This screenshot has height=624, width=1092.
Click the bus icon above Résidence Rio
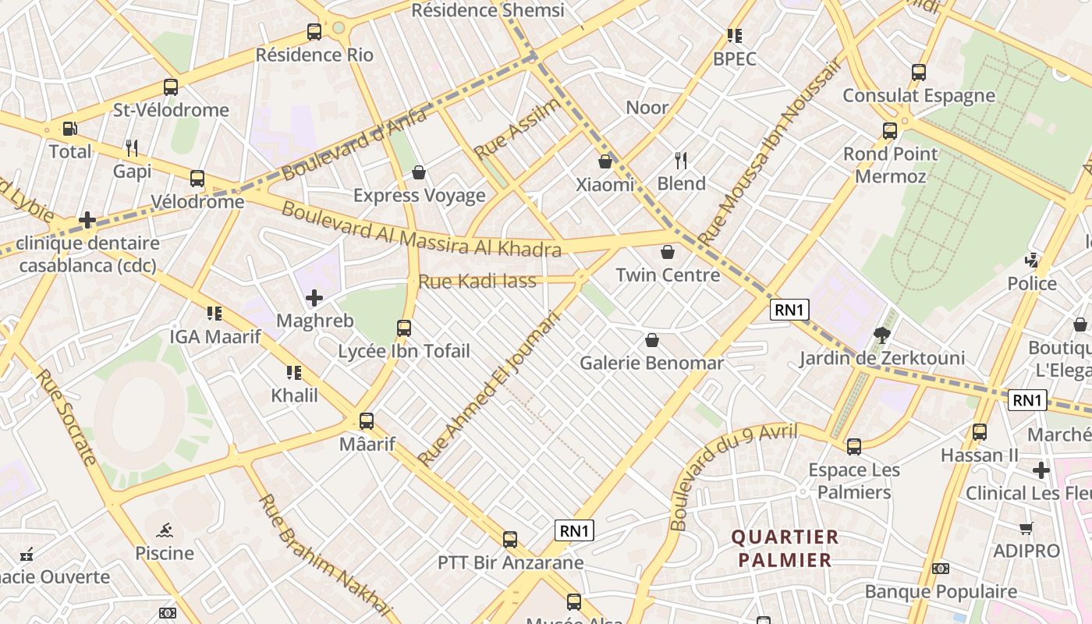[314, 32]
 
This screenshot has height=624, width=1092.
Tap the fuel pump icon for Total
[70, 129]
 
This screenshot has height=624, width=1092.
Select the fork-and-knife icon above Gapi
[132, 147]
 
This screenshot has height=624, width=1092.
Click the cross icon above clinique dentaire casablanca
[87, 220]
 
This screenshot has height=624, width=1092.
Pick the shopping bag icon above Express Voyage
[419, 172]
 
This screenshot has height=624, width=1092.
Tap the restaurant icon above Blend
[681, 161]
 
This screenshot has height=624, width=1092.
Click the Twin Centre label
[668, 275]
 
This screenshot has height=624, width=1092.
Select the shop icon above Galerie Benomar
[651, 340]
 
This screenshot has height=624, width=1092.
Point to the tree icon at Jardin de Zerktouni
[882, 335]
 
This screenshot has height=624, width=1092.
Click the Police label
[1032, 283]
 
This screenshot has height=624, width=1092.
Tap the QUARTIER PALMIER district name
[785, 548]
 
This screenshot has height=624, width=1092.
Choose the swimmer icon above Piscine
[164, 530]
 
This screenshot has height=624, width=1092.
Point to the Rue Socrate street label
[66, 417]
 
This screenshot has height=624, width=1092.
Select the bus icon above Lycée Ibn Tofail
[403, 328]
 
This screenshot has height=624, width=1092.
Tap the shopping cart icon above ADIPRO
[1026, 528]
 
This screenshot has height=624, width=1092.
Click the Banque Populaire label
[941, 592]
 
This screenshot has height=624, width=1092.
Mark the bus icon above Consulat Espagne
[918, 73]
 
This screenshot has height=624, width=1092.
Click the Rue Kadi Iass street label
[477, 281]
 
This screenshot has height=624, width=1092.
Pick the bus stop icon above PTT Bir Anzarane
[509, 539]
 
